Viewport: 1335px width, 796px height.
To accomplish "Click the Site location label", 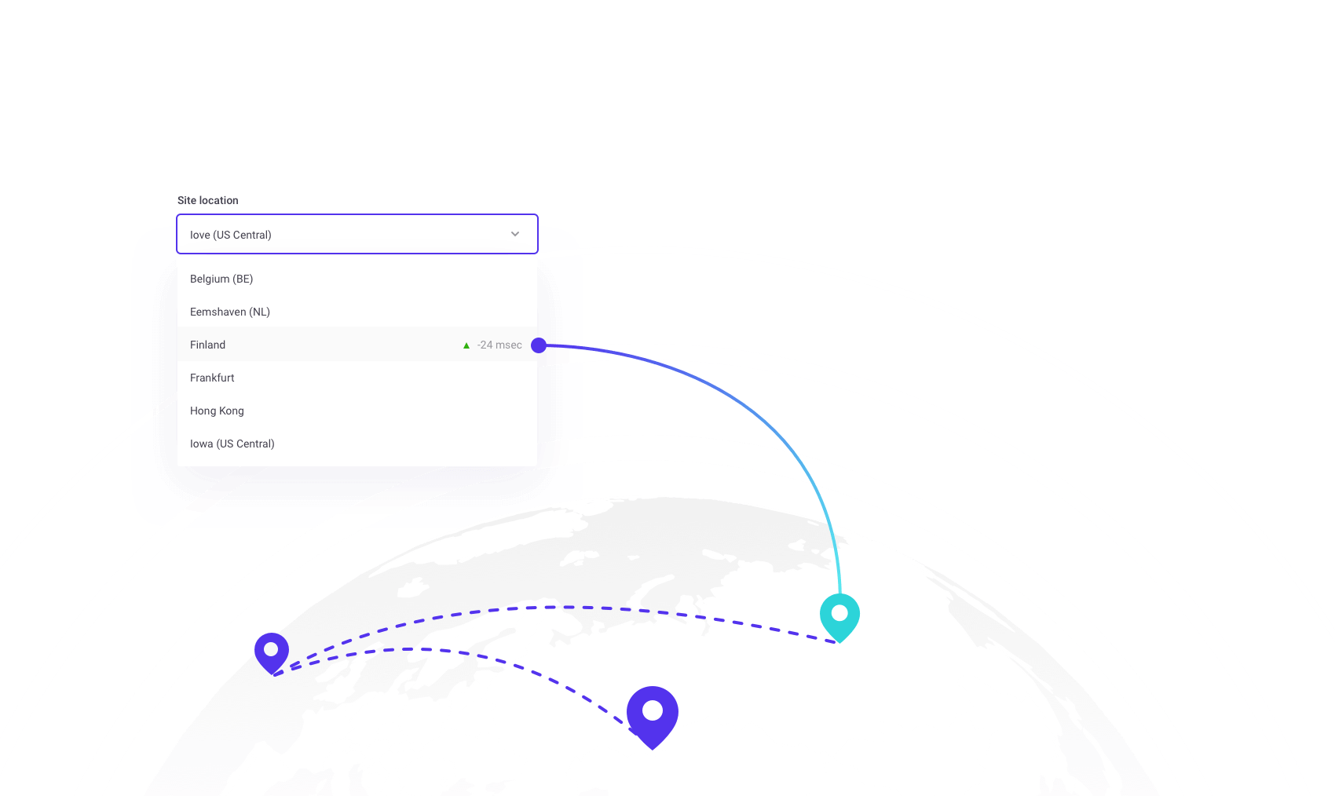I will click(x=207, y=200).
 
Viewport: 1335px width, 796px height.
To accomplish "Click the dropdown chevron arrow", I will click(x=515, y=234).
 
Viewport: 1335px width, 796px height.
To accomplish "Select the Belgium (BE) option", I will click(x=221, y=279).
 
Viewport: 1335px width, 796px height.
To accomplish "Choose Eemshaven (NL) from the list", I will click(x=230, y=312).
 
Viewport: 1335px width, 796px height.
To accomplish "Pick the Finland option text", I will click(x=207, y=345).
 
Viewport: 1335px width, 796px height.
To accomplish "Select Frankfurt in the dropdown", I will click(x=212, y=378).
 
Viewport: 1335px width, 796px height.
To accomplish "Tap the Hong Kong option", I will click(x=217, y=411).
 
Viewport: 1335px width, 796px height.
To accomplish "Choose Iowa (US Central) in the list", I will click(x=232, y=444).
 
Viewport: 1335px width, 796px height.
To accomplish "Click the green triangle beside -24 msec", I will click(x=466, y=345).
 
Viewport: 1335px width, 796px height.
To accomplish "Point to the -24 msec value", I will click(x=499, y=345).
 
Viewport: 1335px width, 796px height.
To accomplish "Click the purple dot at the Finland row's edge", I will click(x=539, y=345).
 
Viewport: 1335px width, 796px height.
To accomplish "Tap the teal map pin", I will click(x=839, y=616).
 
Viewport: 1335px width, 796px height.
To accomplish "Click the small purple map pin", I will click(x=272, y=652).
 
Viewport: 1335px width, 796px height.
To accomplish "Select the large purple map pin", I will click(x=653, y=715).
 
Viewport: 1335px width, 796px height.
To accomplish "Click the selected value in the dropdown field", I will click(x=231, y=235).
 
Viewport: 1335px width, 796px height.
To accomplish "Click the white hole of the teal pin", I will click(x=839, y=612).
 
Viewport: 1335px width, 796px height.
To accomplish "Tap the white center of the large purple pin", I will click(x=653, y=710).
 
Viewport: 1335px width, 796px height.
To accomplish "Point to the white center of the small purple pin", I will click(x=271, y=649).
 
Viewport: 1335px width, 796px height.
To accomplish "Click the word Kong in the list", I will click(x=232, y=411).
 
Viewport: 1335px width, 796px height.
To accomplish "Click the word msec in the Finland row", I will click(x=509, y=345).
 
